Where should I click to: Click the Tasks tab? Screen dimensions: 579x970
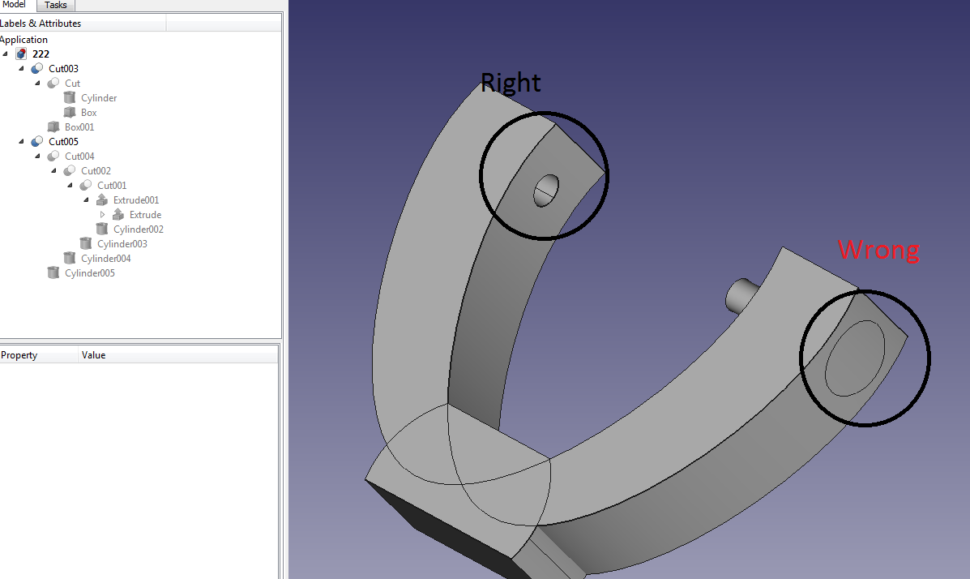point(56,6)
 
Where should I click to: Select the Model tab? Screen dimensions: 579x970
point(15,5)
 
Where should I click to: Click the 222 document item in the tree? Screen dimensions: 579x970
point(41,54)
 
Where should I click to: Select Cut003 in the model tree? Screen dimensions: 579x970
point(63,69)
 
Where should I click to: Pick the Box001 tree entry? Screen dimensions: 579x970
point(79,127)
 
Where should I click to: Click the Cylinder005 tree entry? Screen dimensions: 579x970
point(89,273)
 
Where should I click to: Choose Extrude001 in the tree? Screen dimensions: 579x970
point(135,200)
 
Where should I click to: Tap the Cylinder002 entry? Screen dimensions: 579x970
point(138,229)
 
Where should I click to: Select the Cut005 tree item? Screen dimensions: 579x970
point(63,142)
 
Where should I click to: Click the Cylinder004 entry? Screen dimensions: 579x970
point(105,259)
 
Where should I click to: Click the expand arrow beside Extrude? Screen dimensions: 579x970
point(102,215)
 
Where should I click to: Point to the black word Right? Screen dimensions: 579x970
point(510,83)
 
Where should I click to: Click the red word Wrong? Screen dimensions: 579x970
point(878,250)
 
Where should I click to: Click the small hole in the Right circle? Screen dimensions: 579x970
point(545,191)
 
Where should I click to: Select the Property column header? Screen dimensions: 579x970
point(19,355)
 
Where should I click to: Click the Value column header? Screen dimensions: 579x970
point(93,355)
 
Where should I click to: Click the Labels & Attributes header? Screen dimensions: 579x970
point(41,24)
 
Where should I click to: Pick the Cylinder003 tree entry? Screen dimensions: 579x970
point(122,244)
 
